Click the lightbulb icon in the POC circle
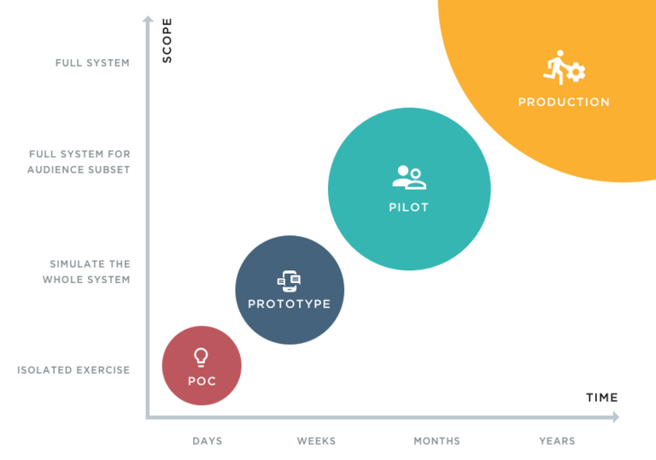202,357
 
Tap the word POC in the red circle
202,381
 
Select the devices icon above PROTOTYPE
290,280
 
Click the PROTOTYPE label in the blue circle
290,304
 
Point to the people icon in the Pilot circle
408,177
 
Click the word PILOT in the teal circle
408,207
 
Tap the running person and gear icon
565,69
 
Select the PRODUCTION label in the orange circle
564,102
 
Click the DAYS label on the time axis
208,441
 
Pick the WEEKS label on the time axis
316,441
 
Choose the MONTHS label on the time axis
437,441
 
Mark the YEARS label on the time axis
557,441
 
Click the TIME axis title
601,398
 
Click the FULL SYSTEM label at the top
92,62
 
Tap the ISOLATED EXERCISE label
73,370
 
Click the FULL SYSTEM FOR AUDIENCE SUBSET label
79,162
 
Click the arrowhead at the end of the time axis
614,418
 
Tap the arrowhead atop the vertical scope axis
147,20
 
